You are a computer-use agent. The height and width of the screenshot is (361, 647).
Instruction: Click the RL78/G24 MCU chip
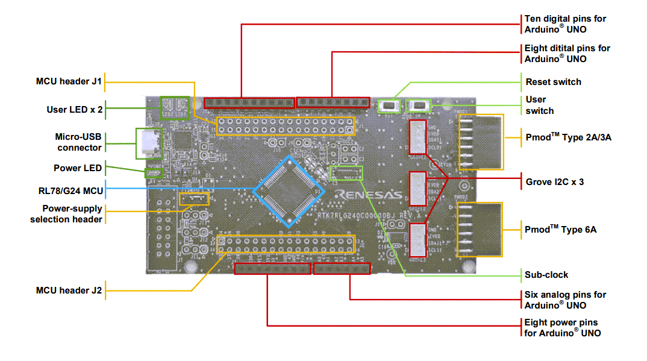[x=289, y=191]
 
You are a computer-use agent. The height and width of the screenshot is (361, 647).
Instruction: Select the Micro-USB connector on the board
[x=149, y=143]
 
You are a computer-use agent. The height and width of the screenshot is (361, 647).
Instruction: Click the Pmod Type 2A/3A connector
[x=481, y=142]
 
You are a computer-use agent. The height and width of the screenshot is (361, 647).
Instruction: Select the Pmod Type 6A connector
[x=480, y=230]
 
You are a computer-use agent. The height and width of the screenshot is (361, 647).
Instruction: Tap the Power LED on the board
[x=155, y=174]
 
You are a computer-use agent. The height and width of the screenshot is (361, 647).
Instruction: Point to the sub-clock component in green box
[x=348, y=174]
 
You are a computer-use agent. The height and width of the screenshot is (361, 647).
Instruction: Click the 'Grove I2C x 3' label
[x=554, y=181]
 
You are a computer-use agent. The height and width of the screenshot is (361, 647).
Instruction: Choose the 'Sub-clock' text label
[x=546, y=275]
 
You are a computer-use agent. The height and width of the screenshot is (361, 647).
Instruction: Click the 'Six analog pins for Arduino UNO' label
[x=565, y=300]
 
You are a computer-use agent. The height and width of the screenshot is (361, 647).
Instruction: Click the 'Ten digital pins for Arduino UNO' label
[x=565, y=24]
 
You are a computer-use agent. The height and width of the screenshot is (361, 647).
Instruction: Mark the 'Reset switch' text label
[x=553, y=82]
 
